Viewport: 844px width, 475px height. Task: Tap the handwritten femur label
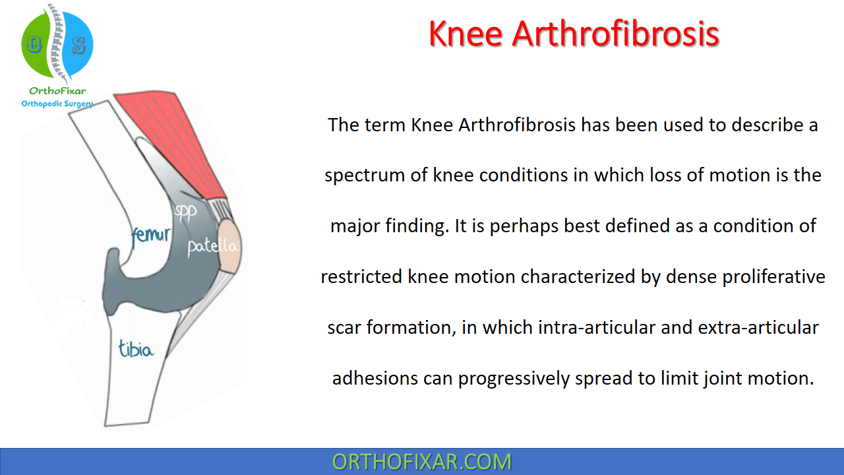151,236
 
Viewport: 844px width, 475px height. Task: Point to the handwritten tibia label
136,348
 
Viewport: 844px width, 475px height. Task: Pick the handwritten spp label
185,213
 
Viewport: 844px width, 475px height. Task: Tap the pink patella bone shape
229,246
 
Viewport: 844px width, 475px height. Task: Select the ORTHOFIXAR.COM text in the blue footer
422,462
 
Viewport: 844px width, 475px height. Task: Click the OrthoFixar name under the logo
57,91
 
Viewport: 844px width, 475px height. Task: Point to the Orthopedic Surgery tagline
57,104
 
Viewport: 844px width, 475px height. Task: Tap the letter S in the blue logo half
79,46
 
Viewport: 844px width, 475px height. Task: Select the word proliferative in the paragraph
774,277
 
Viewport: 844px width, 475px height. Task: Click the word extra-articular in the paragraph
758,327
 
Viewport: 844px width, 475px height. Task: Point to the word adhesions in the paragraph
375,378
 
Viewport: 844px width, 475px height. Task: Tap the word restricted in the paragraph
362,276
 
